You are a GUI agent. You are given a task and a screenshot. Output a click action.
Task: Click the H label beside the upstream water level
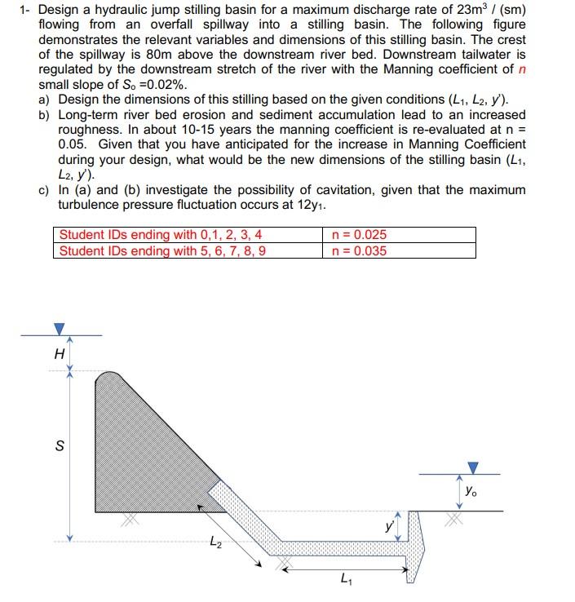click(58, 354)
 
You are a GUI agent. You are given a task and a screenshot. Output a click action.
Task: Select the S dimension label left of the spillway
click(58, 447)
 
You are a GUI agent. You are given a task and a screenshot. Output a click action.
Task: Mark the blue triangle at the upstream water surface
click(58, 328)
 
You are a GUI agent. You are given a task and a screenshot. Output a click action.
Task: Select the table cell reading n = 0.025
click(360, 235)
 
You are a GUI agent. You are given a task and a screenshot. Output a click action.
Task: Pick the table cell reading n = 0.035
click(360, 250)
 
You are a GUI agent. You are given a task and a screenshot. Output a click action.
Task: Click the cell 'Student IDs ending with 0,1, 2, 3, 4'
click(161, 235)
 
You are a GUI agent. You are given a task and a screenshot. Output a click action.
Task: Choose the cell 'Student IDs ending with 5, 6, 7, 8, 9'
click(162, 250)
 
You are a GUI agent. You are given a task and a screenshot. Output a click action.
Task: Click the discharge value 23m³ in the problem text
click(453, 11)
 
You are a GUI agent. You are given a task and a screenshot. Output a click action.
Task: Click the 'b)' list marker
click(46, 115)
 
